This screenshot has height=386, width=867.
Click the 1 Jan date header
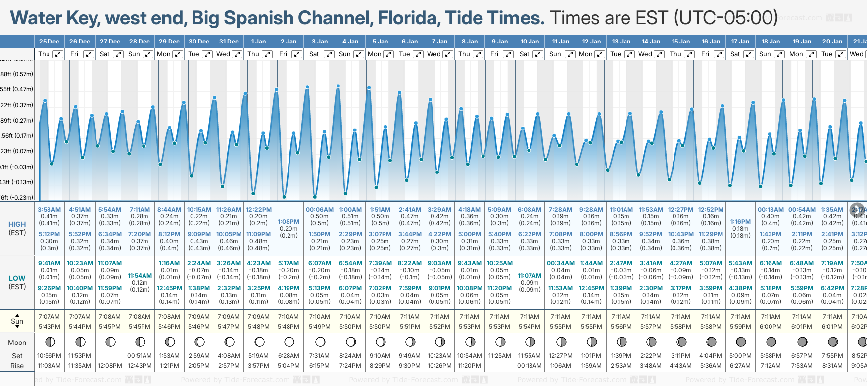point(258,42)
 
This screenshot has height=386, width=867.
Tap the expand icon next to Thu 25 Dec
point(58,54)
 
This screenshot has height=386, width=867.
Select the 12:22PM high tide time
point(259,210)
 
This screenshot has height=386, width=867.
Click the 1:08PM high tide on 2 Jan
point(289,222)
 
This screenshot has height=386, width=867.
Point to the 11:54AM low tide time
point(140,276)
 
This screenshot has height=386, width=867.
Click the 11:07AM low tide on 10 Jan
point(530,276)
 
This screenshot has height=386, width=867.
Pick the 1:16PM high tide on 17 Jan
point(740,222)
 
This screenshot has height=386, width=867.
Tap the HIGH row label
point(17,224)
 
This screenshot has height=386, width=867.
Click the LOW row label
point(17,278)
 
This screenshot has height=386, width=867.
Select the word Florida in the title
point(408,18)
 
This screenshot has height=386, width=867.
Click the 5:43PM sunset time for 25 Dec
point(49,327)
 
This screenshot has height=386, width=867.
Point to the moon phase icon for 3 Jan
point(320,342)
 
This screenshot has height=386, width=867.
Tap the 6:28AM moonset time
point(289,356)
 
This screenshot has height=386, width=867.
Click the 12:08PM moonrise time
point(110,366)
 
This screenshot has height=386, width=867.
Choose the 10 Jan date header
point(530,42)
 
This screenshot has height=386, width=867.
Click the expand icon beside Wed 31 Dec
point(237,54)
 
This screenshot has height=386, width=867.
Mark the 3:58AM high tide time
point(49,210)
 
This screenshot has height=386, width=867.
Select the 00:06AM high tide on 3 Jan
point(319,210)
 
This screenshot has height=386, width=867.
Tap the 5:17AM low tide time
point(289,263)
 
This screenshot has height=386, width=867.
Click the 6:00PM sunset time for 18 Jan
point(771,327)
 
